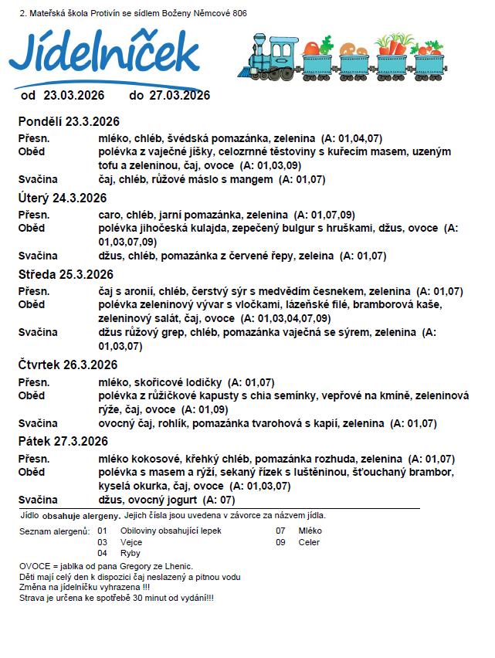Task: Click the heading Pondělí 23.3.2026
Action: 69,121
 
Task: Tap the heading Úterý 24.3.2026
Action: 63,198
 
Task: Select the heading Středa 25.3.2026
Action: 66,274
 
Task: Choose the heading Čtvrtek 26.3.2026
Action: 68,365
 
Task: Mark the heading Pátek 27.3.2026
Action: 63,441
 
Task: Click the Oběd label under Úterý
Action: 32,228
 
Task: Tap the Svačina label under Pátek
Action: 39,500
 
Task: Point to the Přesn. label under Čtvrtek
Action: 34,382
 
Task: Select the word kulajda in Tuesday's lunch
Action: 207,228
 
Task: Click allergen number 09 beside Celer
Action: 281,542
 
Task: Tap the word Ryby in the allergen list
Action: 131,553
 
